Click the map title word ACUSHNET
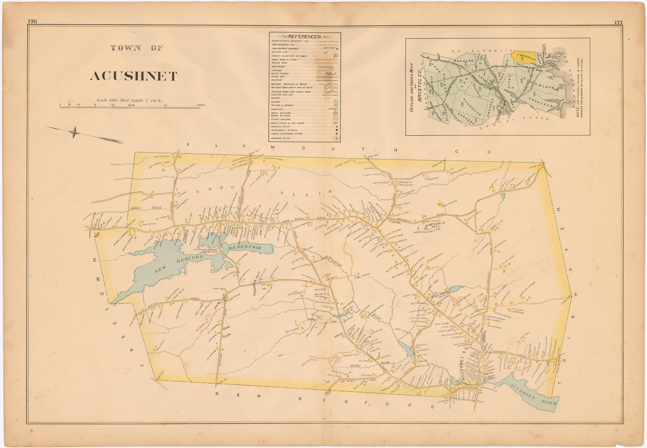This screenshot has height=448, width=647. (x=133, y=76)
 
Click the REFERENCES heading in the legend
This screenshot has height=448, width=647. (x=304, y=36)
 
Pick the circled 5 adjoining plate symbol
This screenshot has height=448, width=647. (x=336, y=138)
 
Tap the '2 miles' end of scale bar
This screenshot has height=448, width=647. (x=200, y=105)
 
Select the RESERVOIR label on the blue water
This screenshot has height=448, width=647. (x=245, y=248)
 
